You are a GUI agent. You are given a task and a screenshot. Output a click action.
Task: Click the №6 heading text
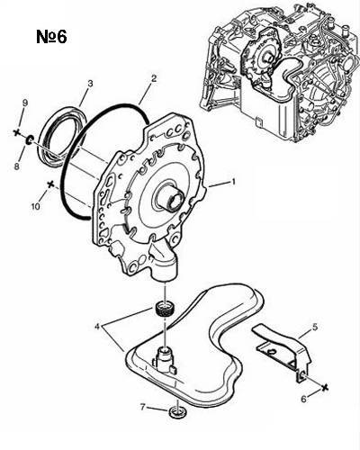coord(51,37)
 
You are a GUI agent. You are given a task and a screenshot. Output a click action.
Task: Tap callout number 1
coord(232,182)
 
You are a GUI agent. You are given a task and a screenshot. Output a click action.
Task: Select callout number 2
coord(154,78)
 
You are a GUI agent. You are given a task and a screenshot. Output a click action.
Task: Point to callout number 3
coord(91,83)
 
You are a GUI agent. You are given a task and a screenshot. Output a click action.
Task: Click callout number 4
coord(97,326)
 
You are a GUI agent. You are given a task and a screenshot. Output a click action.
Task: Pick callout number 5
coord(315,327)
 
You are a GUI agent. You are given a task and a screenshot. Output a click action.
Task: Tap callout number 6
coord(304,399)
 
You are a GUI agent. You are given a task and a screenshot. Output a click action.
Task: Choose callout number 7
coord(143,407)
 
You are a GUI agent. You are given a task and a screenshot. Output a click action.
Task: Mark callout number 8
coord(17,166)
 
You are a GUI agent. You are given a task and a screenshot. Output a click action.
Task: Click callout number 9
coord(25,103)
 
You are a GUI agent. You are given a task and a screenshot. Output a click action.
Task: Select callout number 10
coord(36,206)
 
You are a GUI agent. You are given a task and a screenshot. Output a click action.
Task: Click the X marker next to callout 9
coord(17,132)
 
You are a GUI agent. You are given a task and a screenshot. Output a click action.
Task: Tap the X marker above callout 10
coord(50,184)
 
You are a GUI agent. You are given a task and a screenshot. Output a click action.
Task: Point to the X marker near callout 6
coord(325,387)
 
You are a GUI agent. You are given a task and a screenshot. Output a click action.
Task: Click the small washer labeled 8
coord(30,139)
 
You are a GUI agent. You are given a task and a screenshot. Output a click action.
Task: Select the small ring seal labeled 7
coord(177,412)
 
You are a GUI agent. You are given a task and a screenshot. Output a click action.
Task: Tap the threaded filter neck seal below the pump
coord(165,309)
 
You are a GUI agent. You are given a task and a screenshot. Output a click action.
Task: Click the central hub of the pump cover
coord(172,198)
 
